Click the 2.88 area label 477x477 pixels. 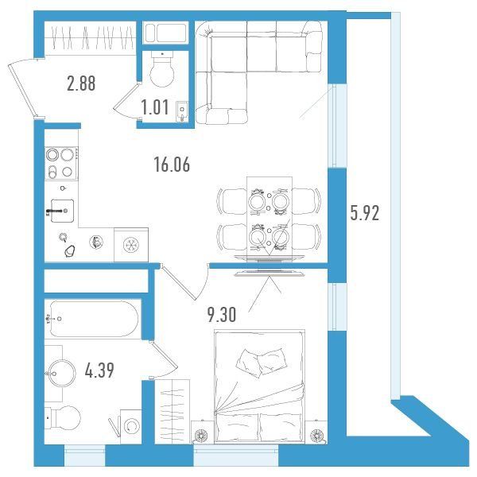(x=81, y=83)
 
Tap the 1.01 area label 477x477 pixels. (x=155, y=107)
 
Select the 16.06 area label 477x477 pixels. (x=172, y=165)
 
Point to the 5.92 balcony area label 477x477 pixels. (x=364, y=212)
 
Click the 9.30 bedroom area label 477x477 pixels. (x=222, y=314)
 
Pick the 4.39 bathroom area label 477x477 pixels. (x=99, y=370)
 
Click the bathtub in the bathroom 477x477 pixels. (x=94, y=319)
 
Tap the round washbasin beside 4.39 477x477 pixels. (x=62, y=373)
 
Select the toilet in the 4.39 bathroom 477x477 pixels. (x=63, y=418)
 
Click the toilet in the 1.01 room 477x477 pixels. (x=162, y=69)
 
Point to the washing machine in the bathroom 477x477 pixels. (x=131, y=426)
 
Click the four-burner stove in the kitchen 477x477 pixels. (x=61, y=163)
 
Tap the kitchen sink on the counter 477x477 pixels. (x=62, y=211)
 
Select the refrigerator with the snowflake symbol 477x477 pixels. (x=131, y=245)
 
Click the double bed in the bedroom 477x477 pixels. (x=259, y=386)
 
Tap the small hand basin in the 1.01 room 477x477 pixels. (x=182, y=111)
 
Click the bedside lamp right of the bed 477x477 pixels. (x=316, y=435)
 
